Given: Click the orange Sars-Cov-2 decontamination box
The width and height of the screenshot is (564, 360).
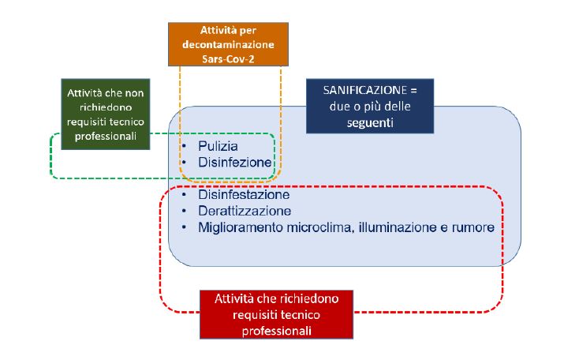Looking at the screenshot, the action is point(228,44).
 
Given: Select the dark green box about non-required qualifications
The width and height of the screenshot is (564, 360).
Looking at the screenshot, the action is point(106,114).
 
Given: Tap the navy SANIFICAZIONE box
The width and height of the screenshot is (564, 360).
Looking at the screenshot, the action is point(370,107).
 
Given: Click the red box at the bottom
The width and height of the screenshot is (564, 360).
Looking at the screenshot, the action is point(276,315).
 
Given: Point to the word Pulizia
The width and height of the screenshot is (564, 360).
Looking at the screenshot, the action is point(218,146).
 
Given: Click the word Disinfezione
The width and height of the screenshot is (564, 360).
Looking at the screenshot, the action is point(234,163).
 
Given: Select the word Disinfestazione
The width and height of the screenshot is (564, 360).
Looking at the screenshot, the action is point(244,195).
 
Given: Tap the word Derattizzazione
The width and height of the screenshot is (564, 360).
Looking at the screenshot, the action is point(245,211).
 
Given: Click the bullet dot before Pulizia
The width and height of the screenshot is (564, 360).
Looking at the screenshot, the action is point(184,146).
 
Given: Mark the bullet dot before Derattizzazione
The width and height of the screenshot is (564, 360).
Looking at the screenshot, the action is point(184,211).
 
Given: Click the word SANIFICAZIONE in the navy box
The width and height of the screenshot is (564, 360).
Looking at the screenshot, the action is point(364,90).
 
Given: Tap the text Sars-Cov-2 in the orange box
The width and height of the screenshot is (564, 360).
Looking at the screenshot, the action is point(228,58).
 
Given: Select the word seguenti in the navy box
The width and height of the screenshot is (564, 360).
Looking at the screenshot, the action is point(370,122).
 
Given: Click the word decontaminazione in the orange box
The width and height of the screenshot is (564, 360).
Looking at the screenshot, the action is point(228,44).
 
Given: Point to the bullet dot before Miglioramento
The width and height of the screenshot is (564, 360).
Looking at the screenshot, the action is point(184,227).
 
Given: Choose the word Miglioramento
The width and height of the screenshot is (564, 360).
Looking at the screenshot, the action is point(241,227).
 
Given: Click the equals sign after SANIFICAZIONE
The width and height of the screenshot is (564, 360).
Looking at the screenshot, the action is point(413,90).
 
